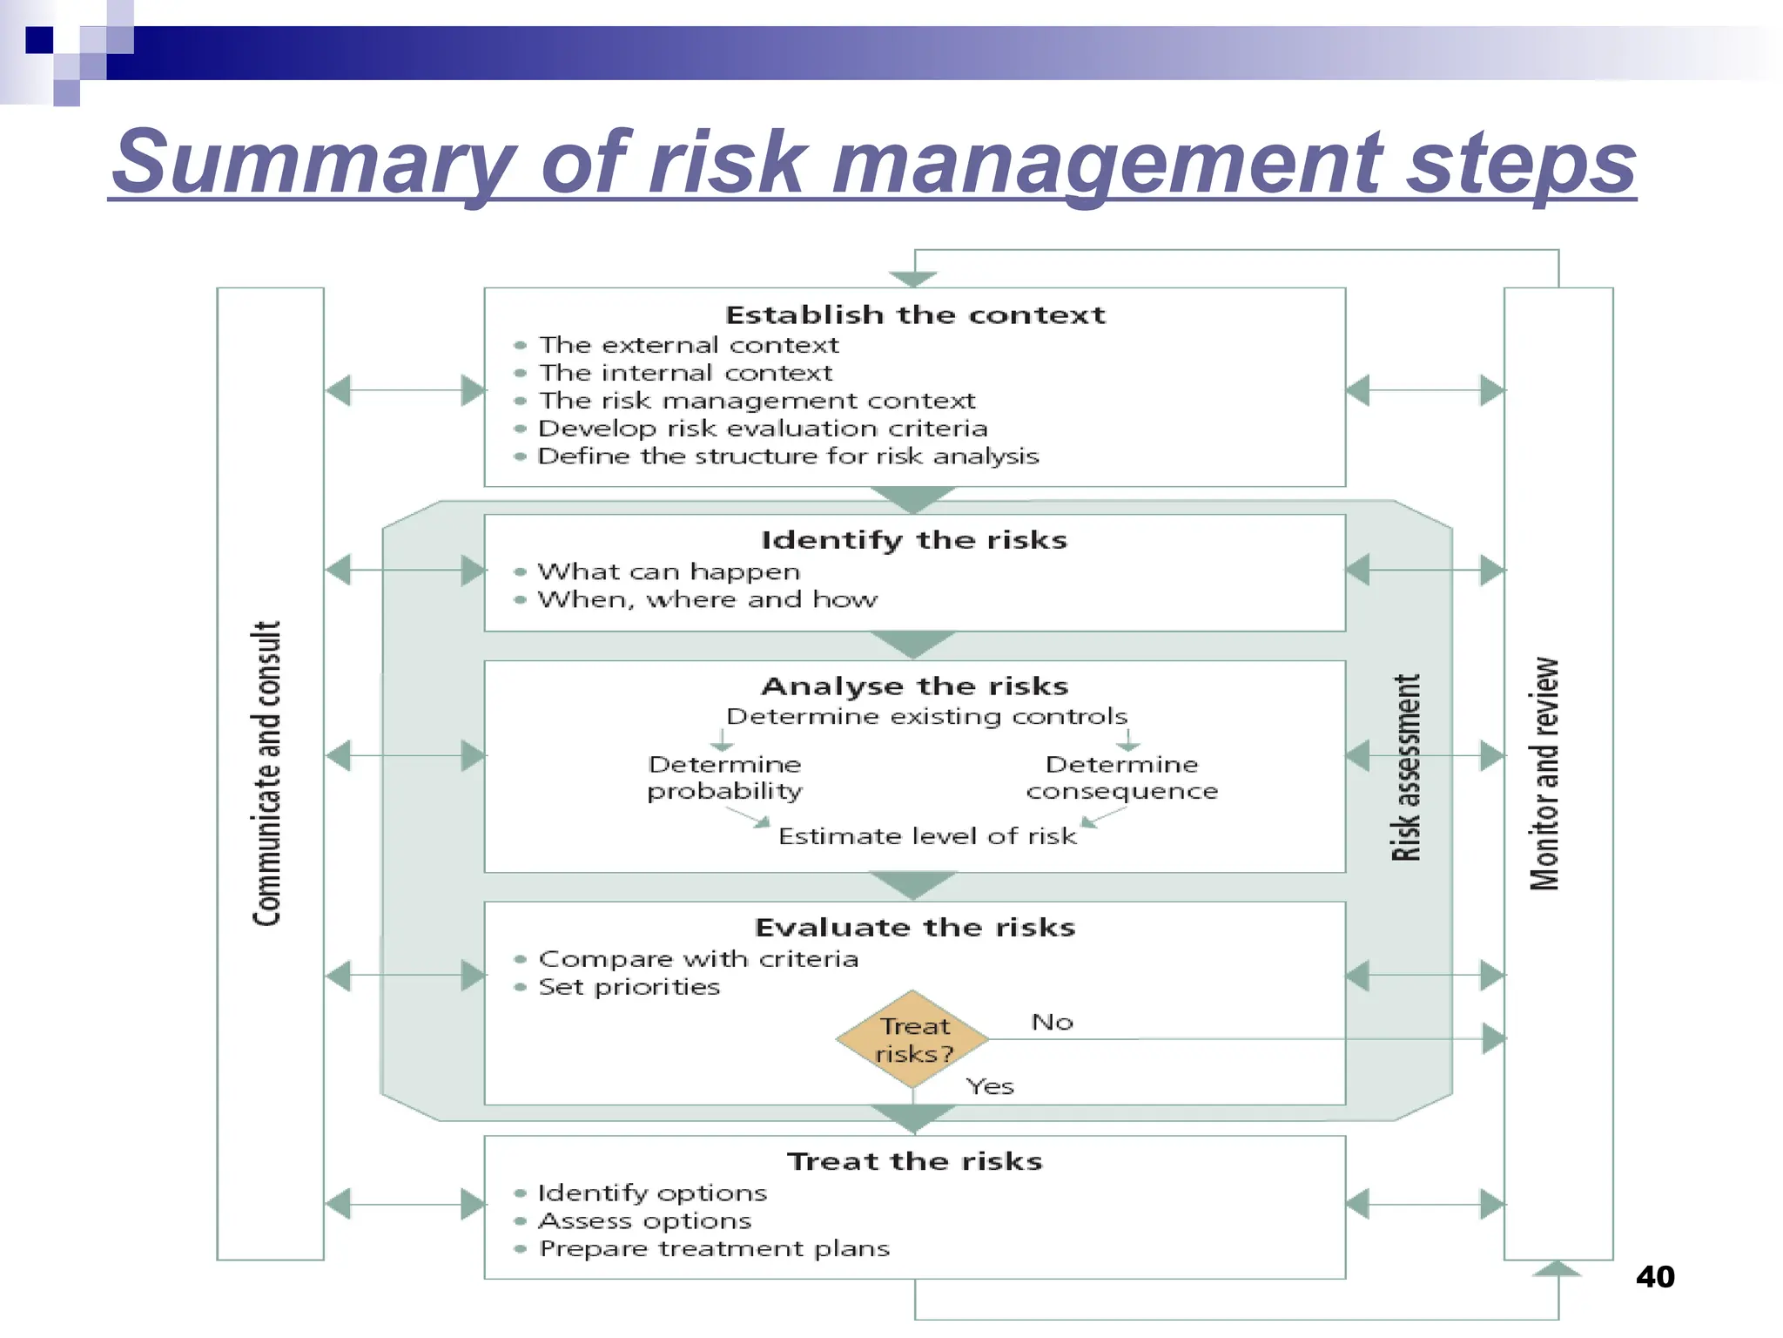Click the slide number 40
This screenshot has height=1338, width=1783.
pos(1655,1276)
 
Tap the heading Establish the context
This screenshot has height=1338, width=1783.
pos(915,314)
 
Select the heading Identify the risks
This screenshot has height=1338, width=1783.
pos(914,540)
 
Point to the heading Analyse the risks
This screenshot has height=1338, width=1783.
pos(915,686)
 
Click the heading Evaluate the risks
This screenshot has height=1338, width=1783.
pos(915,928)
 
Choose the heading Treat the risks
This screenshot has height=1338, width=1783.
pos(915,1161)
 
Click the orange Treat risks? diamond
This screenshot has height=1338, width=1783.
pos(912,1039)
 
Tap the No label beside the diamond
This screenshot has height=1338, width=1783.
pos(1052,1022)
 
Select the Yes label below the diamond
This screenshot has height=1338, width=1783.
pos(990,1086)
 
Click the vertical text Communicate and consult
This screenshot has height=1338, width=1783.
pos(268,774)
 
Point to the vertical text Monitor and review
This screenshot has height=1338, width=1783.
pos(1545,774)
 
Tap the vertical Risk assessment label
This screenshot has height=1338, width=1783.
pos(1406,767)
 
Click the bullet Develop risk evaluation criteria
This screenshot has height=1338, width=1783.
pos(763,429)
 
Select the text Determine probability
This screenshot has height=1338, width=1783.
pos(724,778)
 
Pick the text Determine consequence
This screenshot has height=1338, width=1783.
pos(1121,778)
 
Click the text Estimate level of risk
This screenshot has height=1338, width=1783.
pos(927,836)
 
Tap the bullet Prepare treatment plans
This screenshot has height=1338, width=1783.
pos(714,1249)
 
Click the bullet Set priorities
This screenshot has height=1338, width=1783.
pos(629,987)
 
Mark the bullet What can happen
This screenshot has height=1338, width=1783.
pos(669,571)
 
